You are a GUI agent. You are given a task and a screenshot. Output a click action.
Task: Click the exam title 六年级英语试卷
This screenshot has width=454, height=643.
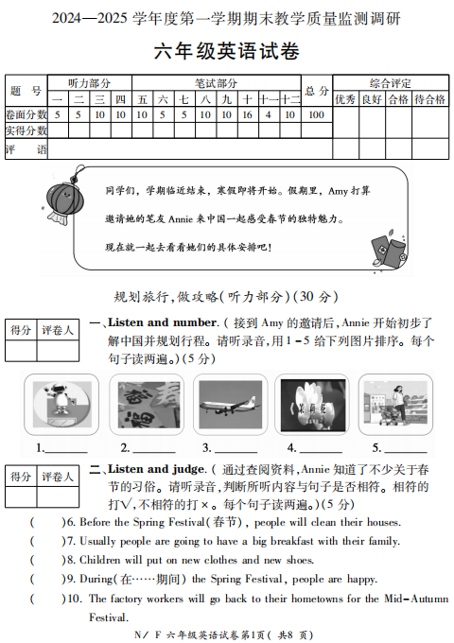(x=226, y=52)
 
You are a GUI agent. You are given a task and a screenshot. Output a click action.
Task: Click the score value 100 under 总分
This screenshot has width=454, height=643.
(x=315, y=115)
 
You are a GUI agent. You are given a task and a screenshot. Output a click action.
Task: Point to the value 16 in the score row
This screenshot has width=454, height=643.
(x=247, y=115)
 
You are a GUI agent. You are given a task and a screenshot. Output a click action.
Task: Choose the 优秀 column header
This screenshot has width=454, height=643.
(x=344, y=98)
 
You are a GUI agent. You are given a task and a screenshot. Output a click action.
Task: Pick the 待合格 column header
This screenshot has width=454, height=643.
(x=430, y=98)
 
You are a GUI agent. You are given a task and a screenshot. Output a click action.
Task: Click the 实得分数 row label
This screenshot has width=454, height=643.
(x=26, y=130)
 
